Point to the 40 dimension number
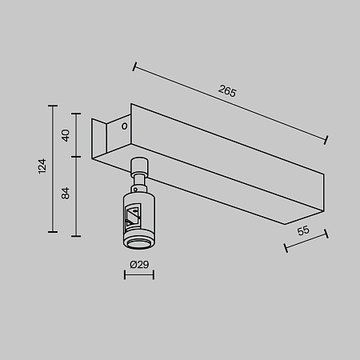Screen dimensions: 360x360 (66, 134)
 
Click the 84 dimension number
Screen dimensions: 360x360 (66, 192)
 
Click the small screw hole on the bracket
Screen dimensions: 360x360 (124, 126)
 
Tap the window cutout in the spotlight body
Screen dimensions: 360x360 (134, 214)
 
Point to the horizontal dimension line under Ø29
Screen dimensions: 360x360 (138, 277)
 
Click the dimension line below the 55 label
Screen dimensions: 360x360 (307, 241)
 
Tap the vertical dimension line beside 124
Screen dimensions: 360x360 (54, 168)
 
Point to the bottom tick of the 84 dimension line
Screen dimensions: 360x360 (76, 235)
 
